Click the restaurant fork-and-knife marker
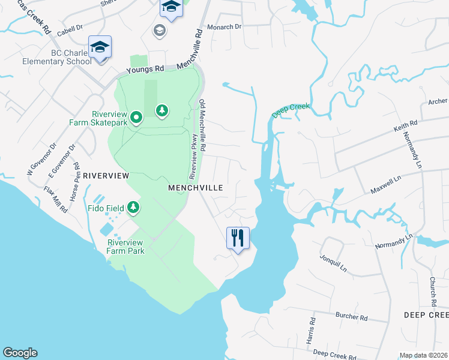238,238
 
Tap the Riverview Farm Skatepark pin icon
136,118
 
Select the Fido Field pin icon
133,208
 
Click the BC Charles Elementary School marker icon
100,46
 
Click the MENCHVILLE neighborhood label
196,188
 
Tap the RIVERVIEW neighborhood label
106,176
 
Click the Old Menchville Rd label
203,125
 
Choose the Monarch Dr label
224,27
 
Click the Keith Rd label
405,126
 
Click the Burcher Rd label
351,316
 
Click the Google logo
20,353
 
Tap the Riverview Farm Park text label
126,247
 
